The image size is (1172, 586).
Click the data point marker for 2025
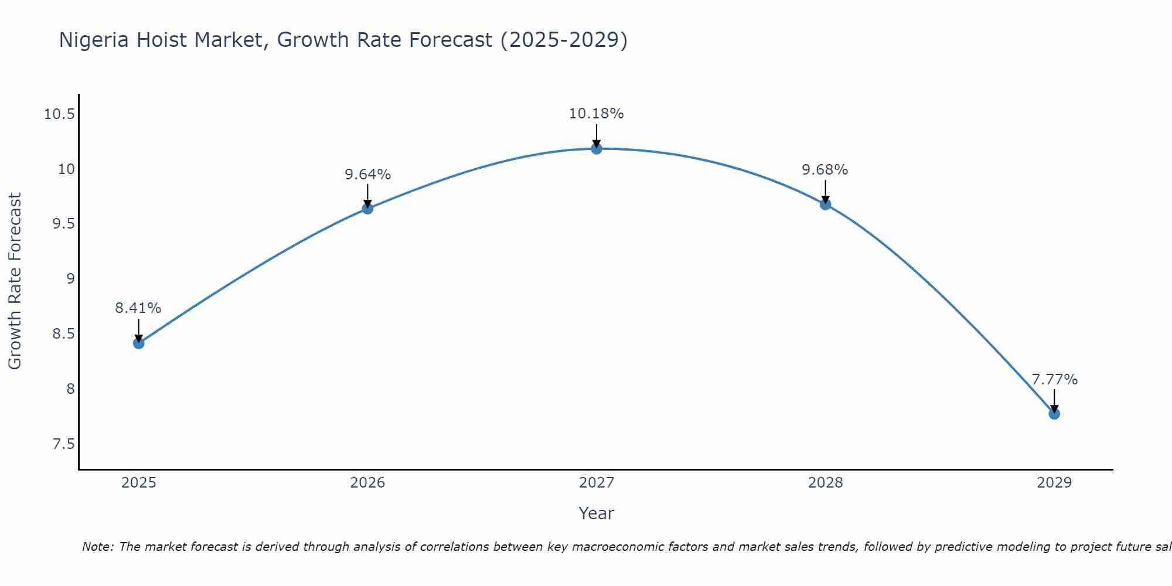tap(139, 343)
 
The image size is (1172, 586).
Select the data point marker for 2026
tap(367, 208)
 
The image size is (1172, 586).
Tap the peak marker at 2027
tap(597, 148)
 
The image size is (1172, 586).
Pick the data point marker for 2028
tap(825, 204)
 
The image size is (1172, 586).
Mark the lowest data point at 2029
tap(1054, 414)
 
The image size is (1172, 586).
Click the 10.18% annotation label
tap(597, 114)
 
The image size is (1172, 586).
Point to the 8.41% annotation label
tap(138, 308)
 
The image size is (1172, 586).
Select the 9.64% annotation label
tap(367, 175)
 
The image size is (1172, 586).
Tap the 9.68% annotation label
tap(825, 170)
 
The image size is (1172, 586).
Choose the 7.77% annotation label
tap(1054, 380)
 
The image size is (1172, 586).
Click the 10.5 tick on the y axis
tap(60, 114)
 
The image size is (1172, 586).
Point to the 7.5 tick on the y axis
tap(64, 444)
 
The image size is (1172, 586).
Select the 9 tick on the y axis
tap(71, 279)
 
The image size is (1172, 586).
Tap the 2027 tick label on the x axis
tap(597, 483)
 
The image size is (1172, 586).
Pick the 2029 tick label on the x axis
tap(1054, 483)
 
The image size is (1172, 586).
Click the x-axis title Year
tap(597, 513)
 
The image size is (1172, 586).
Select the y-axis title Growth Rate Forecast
tap(15, 281)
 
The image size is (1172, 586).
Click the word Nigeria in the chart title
tap(94, 40)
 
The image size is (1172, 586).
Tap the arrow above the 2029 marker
tap(1054, 401)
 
